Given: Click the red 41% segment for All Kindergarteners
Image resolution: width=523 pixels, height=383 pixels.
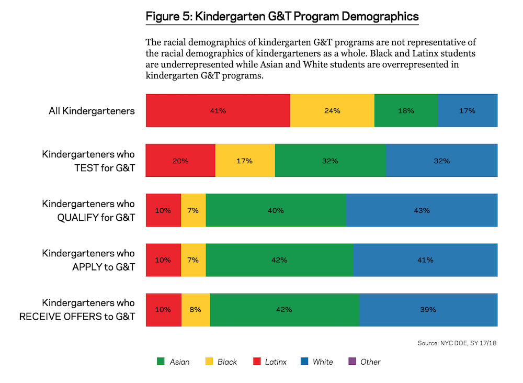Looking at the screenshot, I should point(218,110).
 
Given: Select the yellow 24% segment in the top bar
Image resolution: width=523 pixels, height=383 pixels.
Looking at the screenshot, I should point(332,110).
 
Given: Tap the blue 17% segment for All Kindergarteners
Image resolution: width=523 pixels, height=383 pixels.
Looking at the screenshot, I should point(468,110).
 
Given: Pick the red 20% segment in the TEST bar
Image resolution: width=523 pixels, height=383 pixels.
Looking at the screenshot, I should point(180,161).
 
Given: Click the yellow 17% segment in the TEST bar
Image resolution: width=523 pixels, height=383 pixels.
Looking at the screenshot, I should point(245,161).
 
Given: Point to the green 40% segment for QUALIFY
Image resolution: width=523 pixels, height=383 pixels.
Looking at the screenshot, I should point(276,210).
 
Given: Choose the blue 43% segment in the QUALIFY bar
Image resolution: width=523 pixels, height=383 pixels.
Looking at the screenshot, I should point(422,210).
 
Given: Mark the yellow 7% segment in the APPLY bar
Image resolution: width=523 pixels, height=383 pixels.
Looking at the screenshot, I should point(193,260).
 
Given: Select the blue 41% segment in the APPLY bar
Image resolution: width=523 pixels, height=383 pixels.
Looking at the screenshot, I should point(425,260).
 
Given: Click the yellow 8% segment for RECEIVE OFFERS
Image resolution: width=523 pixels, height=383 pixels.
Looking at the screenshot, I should point(195,309).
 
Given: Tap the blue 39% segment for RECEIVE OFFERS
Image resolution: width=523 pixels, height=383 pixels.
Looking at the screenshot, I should point(428,309).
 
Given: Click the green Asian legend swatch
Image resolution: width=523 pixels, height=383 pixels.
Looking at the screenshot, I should point(161,362).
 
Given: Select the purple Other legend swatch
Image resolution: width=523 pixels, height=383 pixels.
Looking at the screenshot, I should point(351,362).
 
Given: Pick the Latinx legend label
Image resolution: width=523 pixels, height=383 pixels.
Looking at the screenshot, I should point(276,362).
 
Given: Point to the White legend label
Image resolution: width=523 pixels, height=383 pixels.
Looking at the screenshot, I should point(323,362).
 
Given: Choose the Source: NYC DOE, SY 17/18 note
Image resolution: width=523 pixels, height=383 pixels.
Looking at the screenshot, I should point(457,343).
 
